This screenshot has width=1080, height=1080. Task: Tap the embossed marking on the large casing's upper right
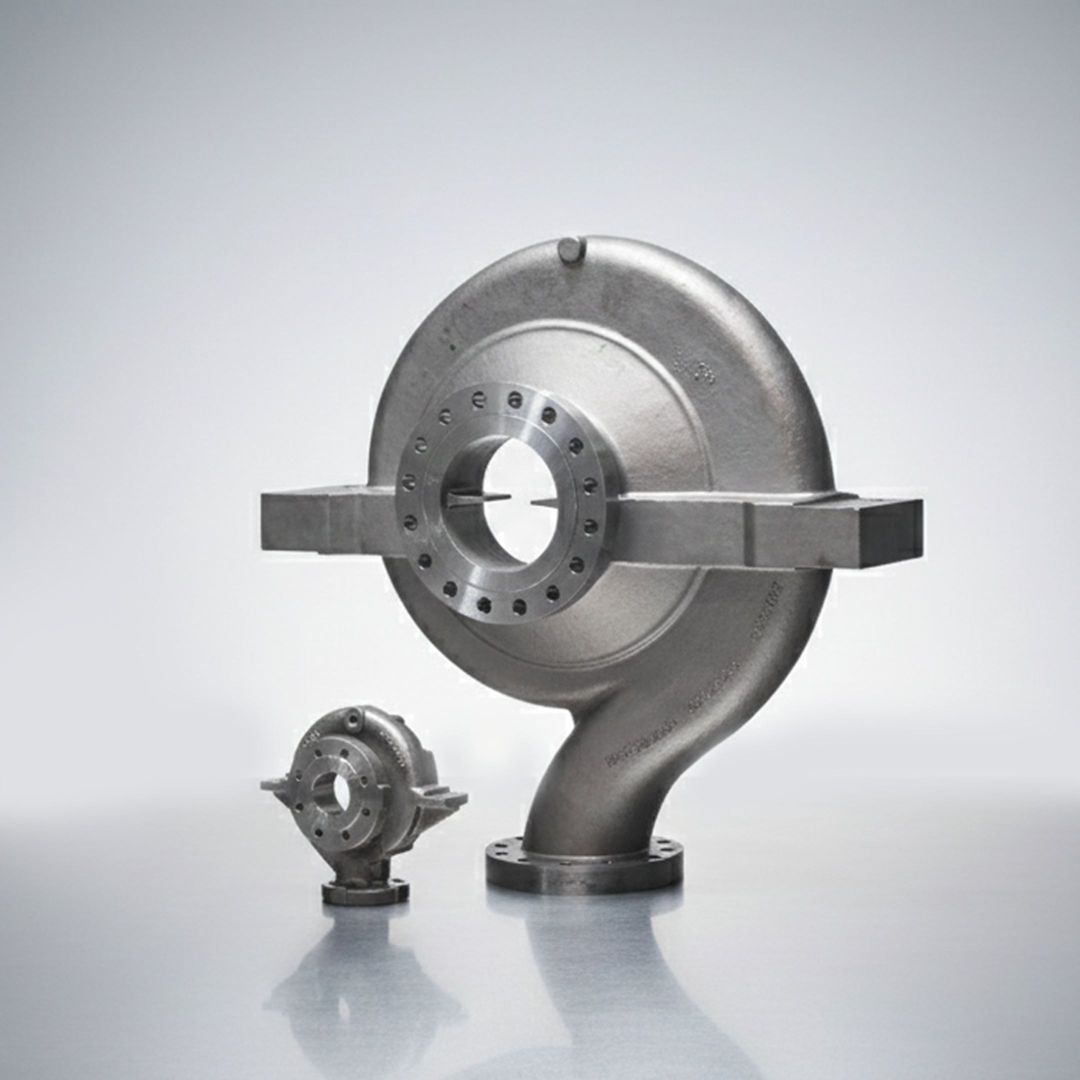691,366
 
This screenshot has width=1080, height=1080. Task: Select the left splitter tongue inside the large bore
467,498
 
